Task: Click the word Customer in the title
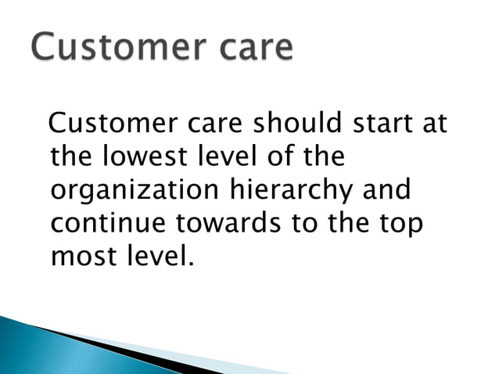130,48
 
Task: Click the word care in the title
261,49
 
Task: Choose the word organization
136,190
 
